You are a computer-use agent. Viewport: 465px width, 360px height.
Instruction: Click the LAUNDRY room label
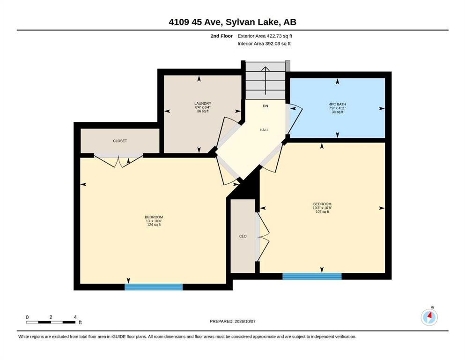click(x=203, y=104)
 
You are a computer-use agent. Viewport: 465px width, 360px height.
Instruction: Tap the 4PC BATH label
click(x=338, y=105)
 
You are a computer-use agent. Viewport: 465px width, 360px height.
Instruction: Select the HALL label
click(x=264, y=130)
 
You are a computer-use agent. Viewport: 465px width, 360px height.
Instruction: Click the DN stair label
click(x=266, y=106)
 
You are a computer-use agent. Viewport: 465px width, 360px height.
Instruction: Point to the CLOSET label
click(x=120, y=141)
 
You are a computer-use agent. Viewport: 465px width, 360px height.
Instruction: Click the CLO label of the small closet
click(x=243, y=236)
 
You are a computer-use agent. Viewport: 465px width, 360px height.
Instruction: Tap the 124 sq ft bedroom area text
click(x=154, y=225)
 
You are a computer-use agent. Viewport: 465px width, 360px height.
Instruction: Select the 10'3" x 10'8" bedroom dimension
click(x=322, y=208)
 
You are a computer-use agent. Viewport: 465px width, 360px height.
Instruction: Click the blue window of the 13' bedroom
click(x=154, y=287)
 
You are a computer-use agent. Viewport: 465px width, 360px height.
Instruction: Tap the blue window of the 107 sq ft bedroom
click(x=312, y=276)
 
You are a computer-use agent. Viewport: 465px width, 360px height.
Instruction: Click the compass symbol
click(x=429, y=317)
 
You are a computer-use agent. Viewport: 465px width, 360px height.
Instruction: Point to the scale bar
click(x=51, y=322)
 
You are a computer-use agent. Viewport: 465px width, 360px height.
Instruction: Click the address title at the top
click(x=232, y=22)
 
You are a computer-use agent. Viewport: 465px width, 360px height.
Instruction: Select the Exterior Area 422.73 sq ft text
click(x=265, y=36)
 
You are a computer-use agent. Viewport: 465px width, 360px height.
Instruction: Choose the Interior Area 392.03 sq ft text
click(x=264, y=44)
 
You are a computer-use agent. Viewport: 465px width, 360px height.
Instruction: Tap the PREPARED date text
click(x=232, y=321)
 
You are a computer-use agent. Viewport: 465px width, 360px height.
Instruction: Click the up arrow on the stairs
click(x=265, y=81)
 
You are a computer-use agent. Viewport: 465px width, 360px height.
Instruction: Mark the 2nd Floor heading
click(x=221, y=36)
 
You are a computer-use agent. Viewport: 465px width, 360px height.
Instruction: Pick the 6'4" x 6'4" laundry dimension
click(x=203, y=107)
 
